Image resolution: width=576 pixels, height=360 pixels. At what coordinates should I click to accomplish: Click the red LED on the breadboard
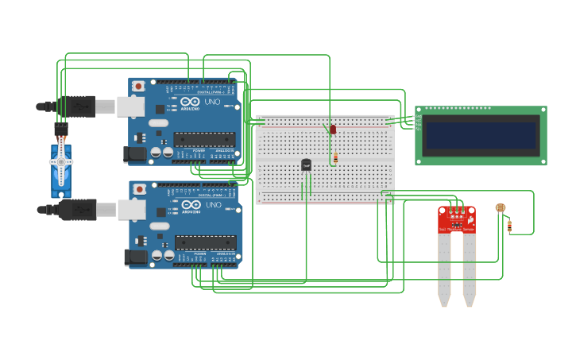click(x=333, y=129)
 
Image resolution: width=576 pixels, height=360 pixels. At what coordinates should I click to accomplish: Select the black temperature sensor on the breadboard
click(x=306, y=165)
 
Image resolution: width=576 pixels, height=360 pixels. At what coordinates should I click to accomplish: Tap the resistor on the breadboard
click(x=335, y=158)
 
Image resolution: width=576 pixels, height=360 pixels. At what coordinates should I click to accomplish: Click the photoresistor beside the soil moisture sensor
click(x=500, y=208)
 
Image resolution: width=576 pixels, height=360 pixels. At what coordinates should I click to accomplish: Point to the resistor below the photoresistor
click(x=509, y=226)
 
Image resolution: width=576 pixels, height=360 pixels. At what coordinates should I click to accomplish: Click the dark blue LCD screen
click(x=481, y=135)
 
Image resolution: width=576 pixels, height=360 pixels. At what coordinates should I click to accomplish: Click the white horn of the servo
click(x=61, y=161)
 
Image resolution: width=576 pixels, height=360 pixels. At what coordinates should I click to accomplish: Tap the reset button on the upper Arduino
click(x=139, y=85)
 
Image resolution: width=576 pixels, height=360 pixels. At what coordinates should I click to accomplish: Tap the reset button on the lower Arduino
click(x=140, y=189)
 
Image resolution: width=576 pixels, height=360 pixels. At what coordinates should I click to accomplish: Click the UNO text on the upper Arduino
click(x=213, y=102)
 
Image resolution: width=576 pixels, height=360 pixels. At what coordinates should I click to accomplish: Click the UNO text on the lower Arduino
click(x=214, y=205)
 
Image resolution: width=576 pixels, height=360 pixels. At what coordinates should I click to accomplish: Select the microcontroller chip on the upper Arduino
click(x=204, y=139)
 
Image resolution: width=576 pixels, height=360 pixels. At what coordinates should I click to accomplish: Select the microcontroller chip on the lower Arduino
click(x=205, y=242)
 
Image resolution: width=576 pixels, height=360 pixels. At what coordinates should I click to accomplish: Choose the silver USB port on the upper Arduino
click(x=131, y=106)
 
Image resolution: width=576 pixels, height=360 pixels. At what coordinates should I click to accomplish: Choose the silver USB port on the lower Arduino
click(x=132, y=209)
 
